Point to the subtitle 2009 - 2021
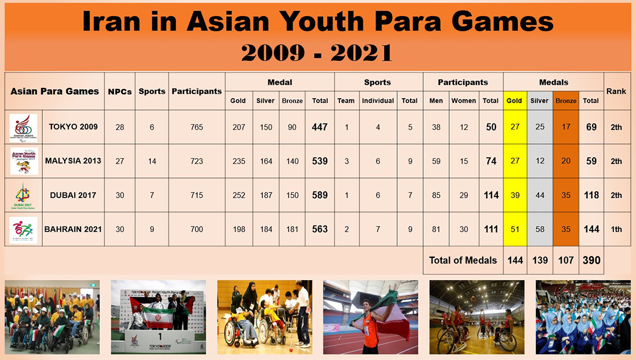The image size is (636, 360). (317, 53)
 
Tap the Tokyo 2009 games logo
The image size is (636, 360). (24, 128)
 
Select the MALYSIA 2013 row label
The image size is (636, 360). (73, 161)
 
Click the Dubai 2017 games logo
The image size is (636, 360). (24, 195)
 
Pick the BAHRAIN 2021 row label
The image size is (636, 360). (73, 229)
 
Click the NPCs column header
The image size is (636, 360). (120, 91)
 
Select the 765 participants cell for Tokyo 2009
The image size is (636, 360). (197, 127)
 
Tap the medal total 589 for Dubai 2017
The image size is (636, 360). (320, 195)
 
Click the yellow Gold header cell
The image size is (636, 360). (514, 101)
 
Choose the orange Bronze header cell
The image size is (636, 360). (566, 101)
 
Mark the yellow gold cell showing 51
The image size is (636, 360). (515, 229)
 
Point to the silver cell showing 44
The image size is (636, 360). (539, 195)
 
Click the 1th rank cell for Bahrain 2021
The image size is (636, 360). (616, 229)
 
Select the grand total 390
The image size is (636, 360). (591, 260)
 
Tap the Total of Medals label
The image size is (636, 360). (463, 260)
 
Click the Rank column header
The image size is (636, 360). (616, 91)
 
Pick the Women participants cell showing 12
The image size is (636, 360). (464, 127)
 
